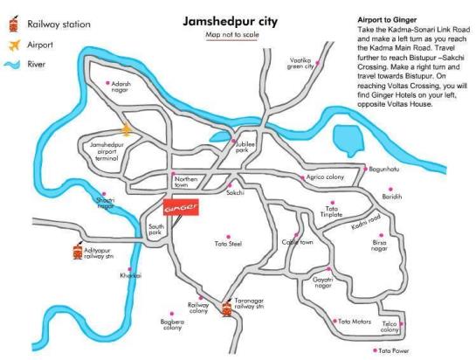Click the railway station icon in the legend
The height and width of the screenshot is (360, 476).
11,25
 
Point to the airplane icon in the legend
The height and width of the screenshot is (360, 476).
11,44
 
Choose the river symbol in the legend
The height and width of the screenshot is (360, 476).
11,64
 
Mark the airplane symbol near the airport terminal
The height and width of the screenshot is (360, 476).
128,130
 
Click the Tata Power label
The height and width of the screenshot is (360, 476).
393,351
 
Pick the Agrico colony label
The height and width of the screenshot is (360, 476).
325,177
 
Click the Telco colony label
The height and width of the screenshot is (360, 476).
390,328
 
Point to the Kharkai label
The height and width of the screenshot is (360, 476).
129,276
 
